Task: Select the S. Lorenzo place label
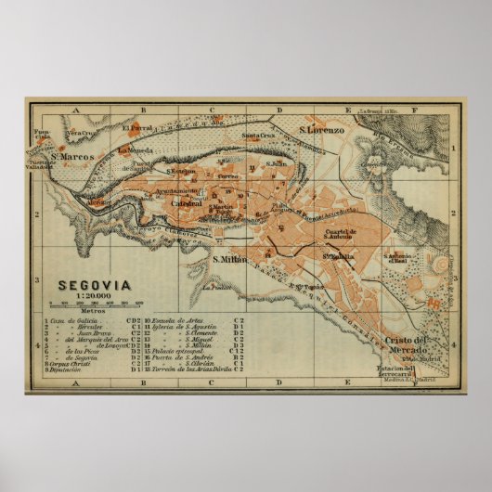click(321, 131)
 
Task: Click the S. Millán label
click(230, 259)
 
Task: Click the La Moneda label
click(135, 149)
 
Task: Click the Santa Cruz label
click(257, 138)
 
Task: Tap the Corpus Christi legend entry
click(71, 363)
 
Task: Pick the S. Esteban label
click(181, 171)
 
